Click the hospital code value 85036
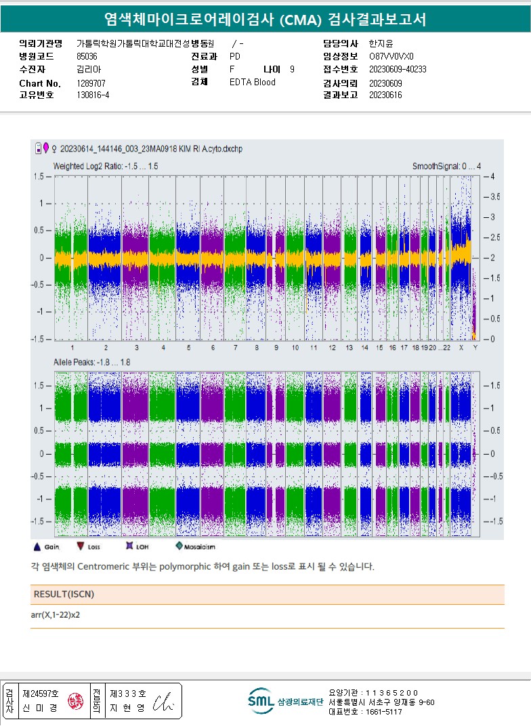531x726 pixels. coord(87,57)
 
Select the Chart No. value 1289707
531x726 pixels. coord(91,83)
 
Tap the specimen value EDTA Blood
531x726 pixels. coord(253,83)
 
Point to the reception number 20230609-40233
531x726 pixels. coord(398,70)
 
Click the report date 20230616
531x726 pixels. coord(385,95)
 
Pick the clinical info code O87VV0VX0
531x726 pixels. coord(391,57)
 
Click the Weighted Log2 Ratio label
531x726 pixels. coord(106,166)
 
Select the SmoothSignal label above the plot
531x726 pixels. coord(447,166)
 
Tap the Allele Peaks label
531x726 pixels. coord(92,363)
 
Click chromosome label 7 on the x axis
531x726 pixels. coord(235,348)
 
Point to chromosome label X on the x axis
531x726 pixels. coord(461,348)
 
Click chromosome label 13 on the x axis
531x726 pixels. coord(349,348)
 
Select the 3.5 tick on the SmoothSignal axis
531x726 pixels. coord(496,197)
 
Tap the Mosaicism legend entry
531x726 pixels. coord(195,545)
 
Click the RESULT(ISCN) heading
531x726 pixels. coord(63,594)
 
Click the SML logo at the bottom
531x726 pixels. coord(260,701)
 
